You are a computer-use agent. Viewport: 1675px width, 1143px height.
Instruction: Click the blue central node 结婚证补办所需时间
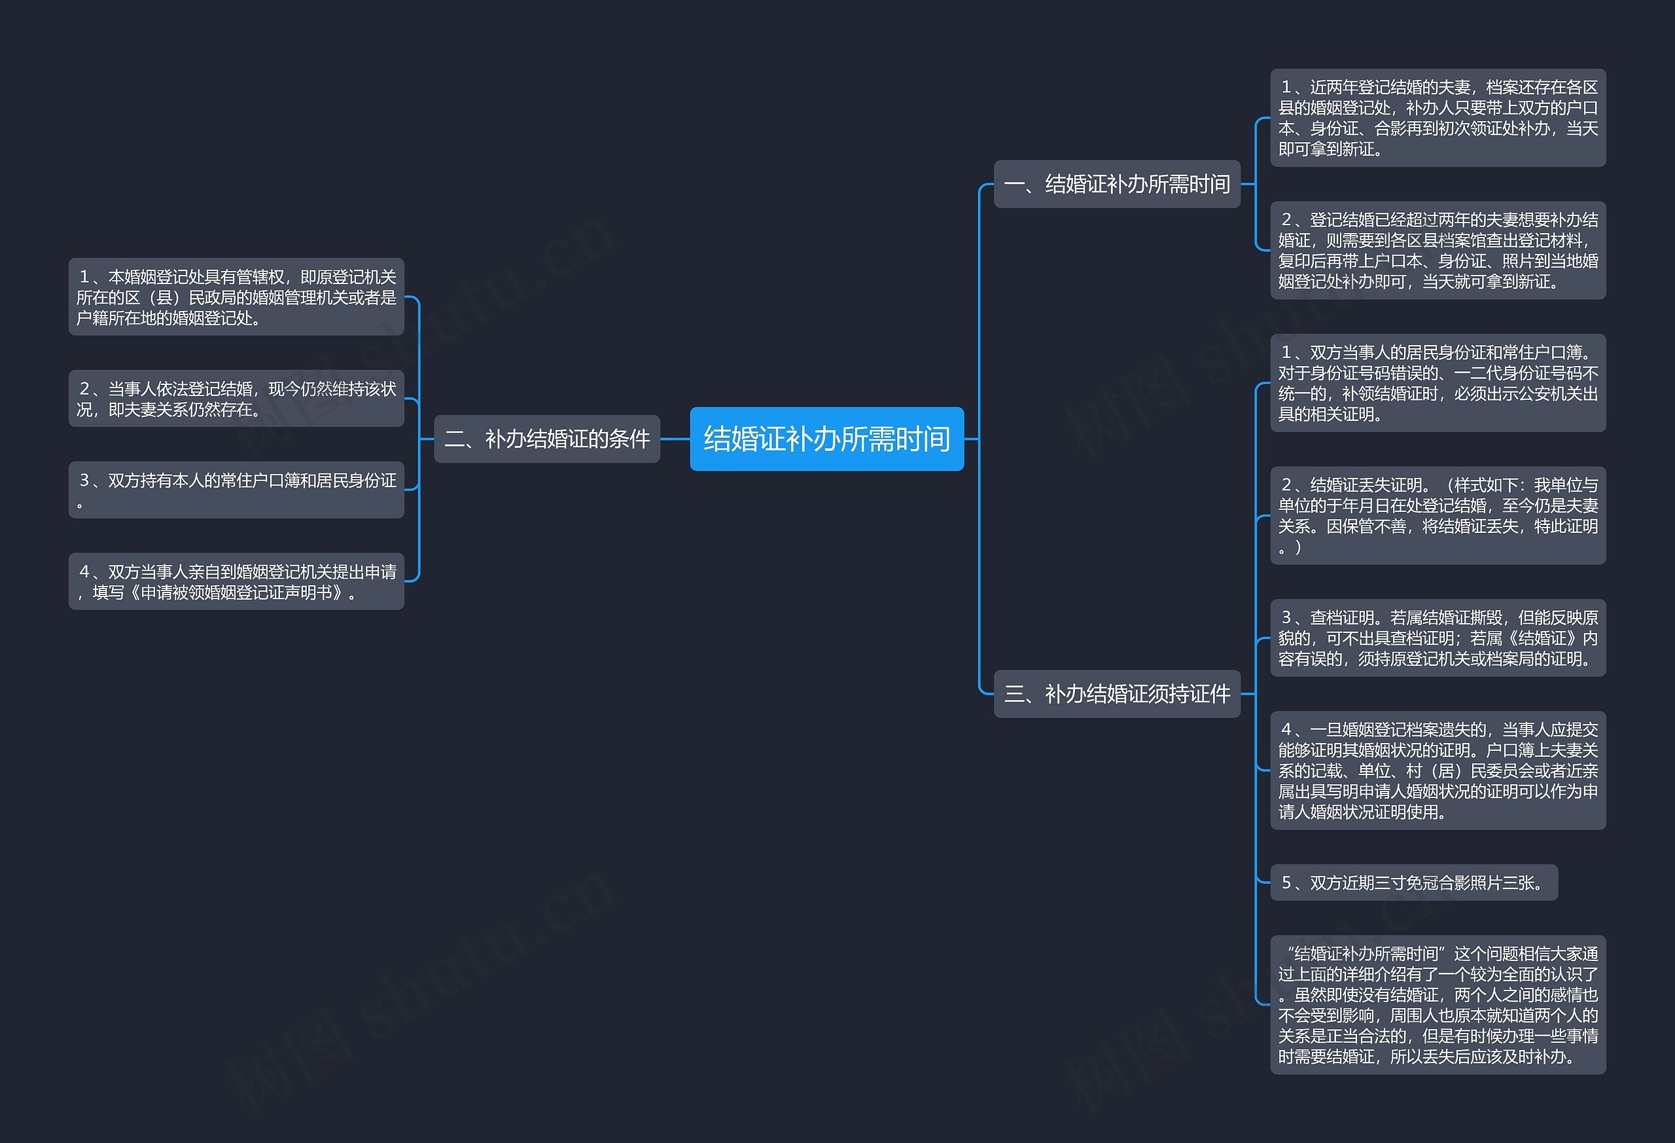click(826, 439)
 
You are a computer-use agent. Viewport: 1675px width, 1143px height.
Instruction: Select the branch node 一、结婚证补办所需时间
click(1116, 184)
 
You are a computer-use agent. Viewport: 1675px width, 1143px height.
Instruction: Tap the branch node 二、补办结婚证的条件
click(547, 439)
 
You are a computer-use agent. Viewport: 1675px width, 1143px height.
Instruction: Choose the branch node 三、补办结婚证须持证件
click(1116, 694)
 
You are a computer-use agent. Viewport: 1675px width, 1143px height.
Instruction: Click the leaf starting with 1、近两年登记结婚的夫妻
click(1438, 118)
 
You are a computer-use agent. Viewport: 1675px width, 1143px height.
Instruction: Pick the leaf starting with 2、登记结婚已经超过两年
click(1438, 250)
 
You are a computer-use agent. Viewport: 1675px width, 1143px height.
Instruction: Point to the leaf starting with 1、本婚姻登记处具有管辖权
click(236, 297)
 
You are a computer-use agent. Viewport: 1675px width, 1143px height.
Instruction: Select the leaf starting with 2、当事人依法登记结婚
click(236, 399)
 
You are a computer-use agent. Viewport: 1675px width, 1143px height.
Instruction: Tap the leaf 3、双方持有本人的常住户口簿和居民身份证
click(236, 490)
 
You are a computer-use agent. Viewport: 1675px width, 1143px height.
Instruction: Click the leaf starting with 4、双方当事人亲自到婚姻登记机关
click(236, 582)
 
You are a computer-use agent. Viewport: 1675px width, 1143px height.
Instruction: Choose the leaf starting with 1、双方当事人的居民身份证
click(1438, 383)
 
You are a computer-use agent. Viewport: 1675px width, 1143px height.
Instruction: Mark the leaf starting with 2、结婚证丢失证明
click(1438, 516)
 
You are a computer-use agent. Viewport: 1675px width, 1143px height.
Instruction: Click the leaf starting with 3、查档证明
click(1438, 638)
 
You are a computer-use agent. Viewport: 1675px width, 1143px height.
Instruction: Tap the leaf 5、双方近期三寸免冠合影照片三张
click(1414, 882)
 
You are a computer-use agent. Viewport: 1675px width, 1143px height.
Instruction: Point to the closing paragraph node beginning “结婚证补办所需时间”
click(1438, 1006)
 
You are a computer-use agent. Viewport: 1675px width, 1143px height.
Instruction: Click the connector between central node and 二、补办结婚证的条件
click(675, 439)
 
